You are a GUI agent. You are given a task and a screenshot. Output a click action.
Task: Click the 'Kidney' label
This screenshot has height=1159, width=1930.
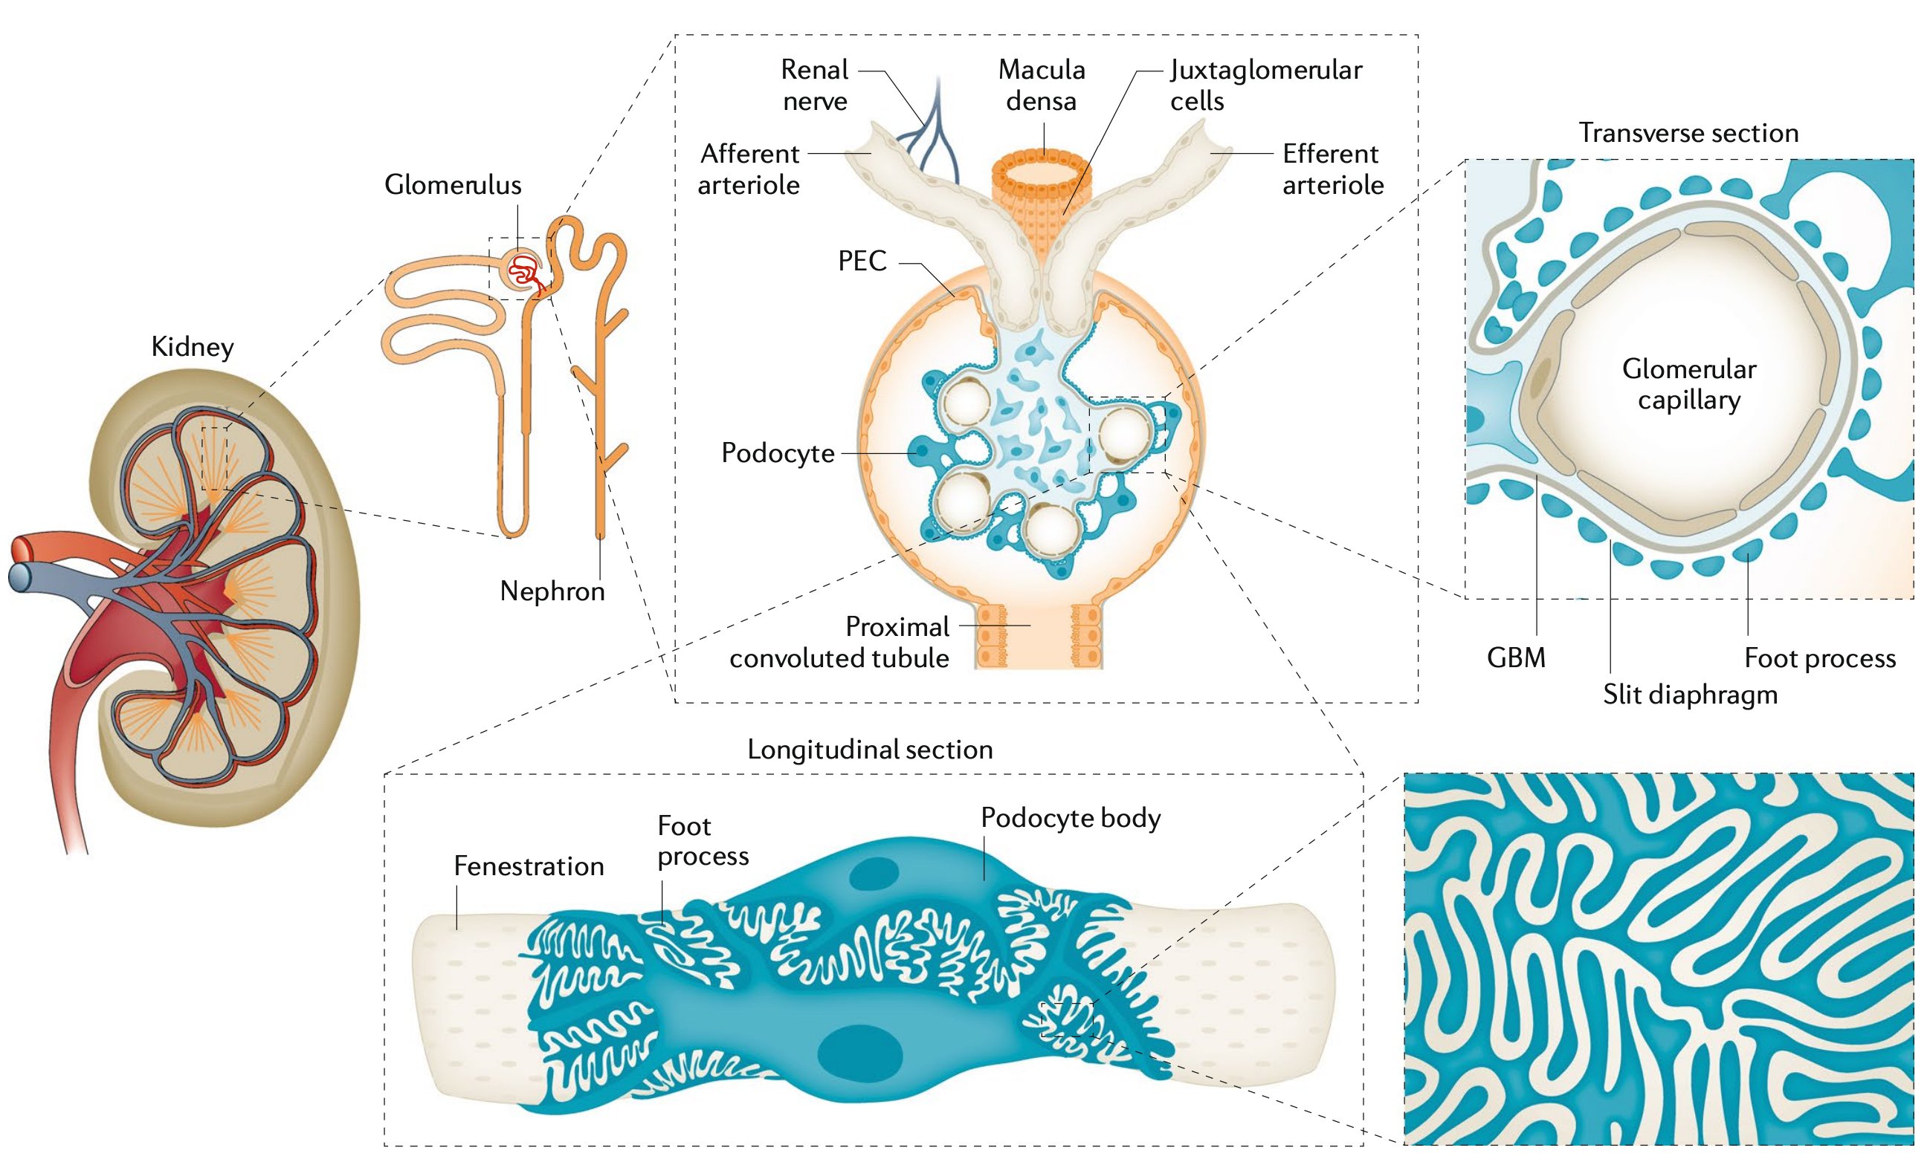click(193, 347)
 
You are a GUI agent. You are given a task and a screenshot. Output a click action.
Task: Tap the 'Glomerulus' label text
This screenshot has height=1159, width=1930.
click(453, 185)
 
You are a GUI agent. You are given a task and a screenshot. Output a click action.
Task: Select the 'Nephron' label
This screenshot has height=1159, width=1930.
click(552, 591)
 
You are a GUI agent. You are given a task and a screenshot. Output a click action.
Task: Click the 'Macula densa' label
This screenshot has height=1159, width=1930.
click(1041, 85)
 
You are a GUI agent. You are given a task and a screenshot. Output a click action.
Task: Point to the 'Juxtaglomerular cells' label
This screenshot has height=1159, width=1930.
click(1265, 85)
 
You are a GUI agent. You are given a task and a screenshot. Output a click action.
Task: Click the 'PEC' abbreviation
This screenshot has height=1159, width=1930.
click(862, 261)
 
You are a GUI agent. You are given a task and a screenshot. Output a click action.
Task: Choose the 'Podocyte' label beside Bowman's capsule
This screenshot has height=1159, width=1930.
click(778, 453)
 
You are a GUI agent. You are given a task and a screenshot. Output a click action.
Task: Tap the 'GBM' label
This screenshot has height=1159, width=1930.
click(1515, 658)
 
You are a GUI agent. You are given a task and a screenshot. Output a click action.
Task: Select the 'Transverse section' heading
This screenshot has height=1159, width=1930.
click(1688, 133)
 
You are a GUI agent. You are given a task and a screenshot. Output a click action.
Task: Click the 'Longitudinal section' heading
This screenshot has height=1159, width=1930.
click(870, 750)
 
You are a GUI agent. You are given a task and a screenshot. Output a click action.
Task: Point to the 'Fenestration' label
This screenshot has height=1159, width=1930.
click(529, 866)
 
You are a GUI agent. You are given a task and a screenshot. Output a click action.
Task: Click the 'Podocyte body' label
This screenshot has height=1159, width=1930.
click(1071, 818)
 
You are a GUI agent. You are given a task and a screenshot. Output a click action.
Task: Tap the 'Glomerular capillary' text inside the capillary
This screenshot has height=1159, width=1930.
click(1688, 384)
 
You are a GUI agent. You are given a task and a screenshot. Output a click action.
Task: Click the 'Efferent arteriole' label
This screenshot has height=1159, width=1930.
click(1332, 169)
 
